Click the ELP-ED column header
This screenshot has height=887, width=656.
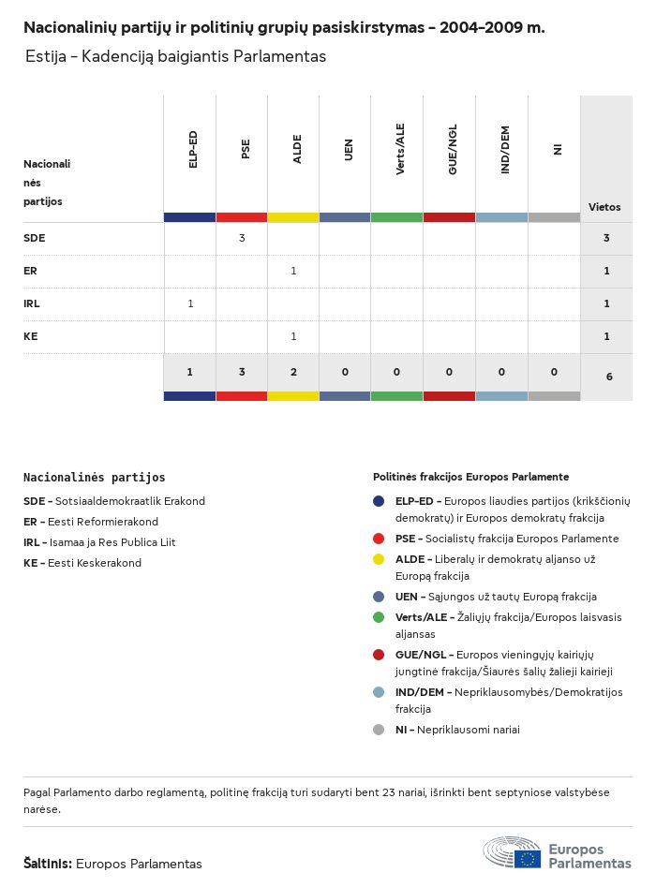(193, 150)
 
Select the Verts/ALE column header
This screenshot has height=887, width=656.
(400, 150)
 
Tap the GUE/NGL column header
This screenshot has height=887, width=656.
(453, 150)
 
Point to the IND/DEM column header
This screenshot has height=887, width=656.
(505, 150)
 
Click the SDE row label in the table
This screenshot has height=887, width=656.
(34, 238)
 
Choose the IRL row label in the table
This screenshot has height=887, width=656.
(32, 303)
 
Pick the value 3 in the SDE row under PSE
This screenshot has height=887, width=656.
(242, 238)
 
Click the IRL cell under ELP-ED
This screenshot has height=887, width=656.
(190, 303)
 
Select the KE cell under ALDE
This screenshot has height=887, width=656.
(293, 336)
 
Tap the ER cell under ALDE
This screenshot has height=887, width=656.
(293, 271)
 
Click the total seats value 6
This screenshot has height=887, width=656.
(609, 377)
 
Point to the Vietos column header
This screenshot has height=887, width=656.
(604, 207)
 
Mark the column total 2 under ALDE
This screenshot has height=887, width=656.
(293, 372)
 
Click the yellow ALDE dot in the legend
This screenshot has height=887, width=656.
(379, 559)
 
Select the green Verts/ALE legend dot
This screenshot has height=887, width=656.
(379, 617)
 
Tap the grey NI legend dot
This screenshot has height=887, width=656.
(379, 730)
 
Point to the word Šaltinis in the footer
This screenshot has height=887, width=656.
(47, 864)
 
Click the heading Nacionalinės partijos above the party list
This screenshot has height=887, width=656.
(94, 478)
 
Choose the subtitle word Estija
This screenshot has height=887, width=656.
(46, 56)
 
